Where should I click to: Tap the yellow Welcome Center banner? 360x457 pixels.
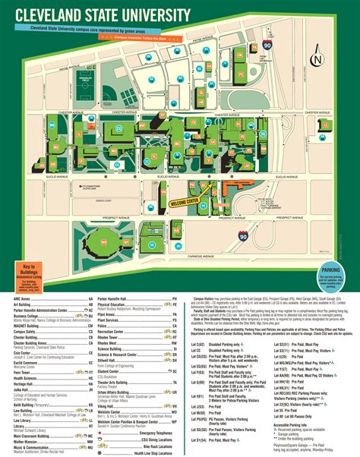(179, 201)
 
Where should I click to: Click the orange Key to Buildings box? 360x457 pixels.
(27, 272)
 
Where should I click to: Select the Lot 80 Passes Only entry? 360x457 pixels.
(296, 416)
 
